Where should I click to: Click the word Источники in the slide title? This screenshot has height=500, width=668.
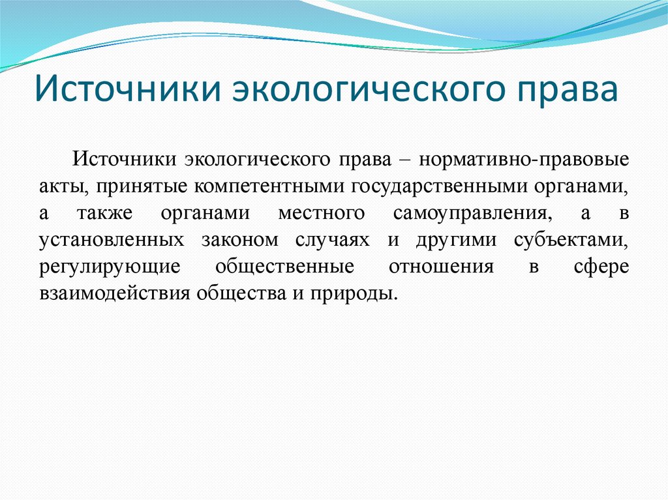(x=125, y=90)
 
